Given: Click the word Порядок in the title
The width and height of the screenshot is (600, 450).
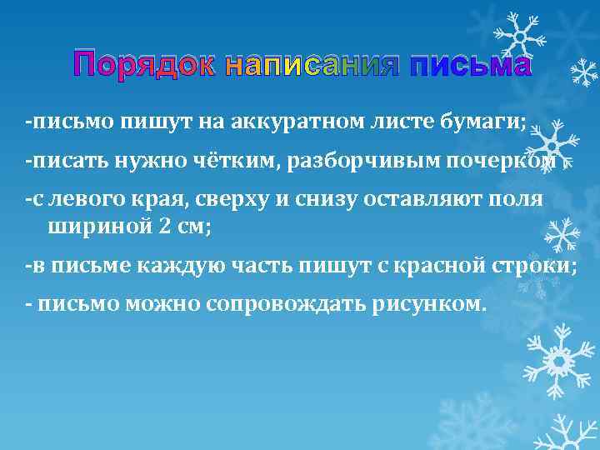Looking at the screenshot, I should click(144, 64).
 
